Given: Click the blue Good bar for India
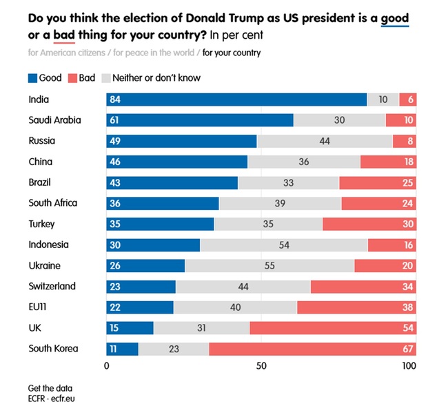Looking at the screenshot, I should [x=236, y=100].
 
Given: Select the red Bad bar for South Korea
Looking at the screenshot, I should [x=312, y=349].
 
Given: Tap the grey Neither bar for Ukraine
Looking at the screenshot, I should [x=269, y=266].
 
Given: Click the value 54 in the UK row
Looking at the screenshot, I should [x=407, y=328].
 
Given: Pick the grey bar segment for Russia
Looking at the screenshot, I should [x=325, y=142].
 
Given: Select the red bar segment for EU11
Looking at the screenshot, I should [x=356, y=307].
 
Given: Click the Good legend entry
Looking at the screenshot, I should [x=45, y=78].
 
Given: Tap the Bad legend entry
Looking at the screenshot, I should [x=81, y=78].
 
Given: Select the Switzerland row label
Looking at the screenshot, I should [x=52, y=287].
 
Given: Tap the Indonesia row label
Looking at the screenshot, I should [x=48, y=245].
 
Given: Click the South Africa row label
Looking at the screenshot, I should [x=52, y=204].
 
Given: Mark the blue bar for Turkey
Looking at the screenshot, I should [x=160, y=224].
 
